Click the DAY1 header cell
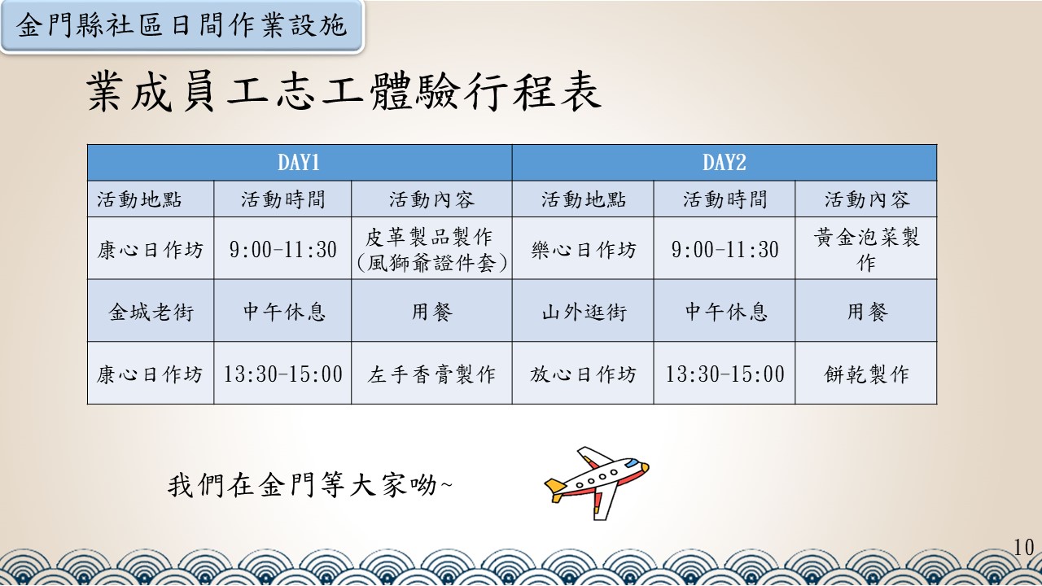click(300, 162)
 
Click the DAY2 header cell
click(725, 162)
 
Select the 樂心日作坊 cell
click(583, 248)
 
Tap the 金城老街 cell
click(151, 311)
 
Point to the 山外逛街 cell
click(583, 311)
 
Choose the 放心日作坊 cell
click(583, 374)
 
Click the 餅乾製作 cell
click(865, 374)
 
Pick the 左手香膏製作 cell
click(431, 374)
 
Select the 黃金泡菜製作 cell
click(865, 248)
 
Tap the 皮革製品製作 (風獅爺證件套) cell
click(431, 248)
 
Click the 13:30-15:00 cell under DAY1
click(282, 374)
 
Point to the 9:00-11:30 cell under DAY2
click(725, 248)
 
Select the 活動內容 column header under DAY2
click(865, 199)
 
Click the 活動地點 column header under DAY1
click(151, 199)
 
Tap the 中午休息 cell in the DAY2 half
click(725, 311)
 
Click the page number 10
click(1023, 548)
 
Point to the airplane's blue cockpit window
click(632, 463)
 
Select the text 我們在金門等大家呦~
click(309, 484)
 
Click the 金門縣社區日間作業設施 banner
click(182, 25)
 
